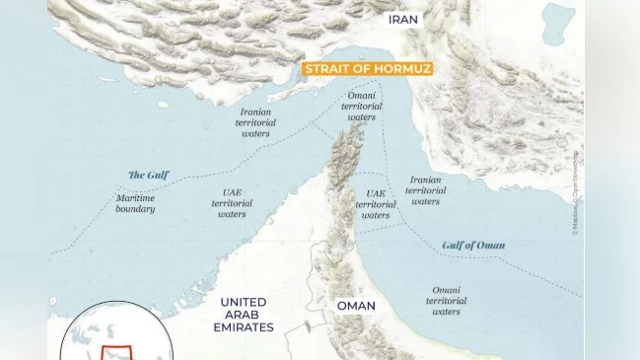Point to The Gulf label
coord(149,175)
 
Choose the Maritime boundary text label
coord(134,202)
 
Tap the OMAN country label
coord(356,306)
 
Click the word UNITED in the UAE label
coord(244,302)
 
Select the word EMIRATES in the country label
coord(244,326)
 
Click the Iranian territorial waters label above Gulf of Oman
coord(426,190)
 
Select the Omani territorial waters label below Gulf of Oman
coord(446,301)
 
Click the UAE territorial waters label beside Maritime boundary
coord(232,202)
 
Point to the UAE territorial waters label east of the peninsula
coord(376,204)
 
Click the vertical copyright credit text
coord(574,192)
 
